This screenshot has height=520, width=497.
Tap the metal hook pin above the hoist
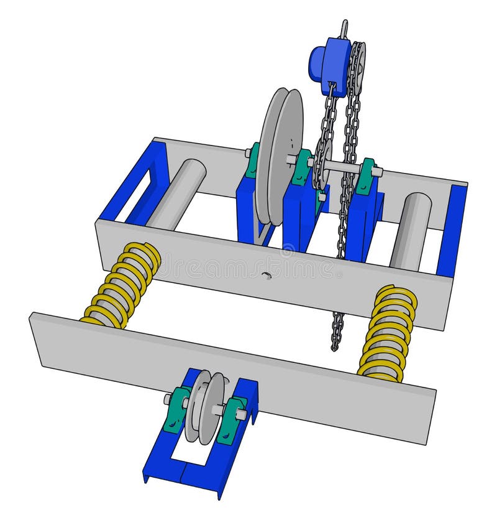(x=344, y=29)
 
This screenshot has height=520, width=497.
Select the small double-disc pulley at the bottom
(x=207, y=407)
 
